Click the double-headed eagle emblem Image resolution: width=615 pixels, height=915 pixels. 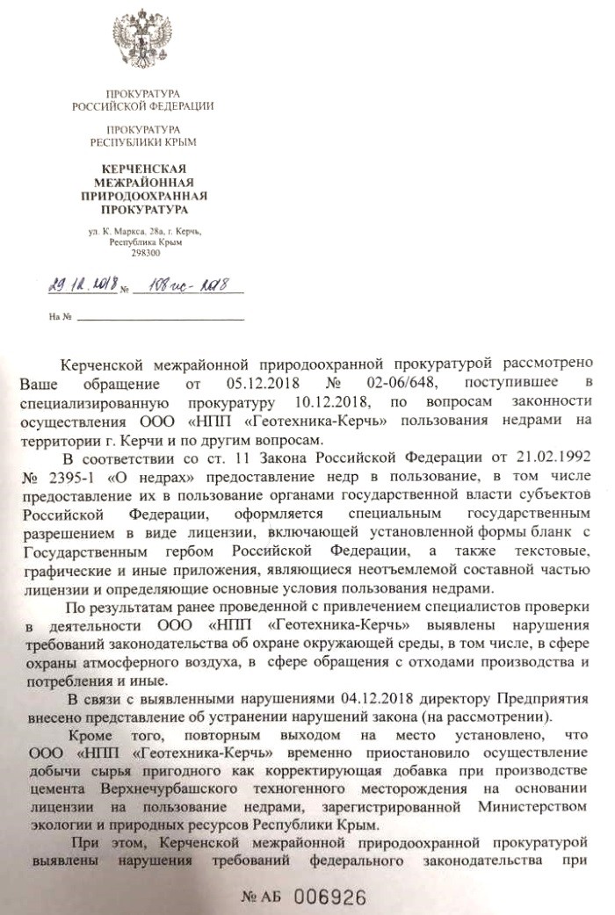pyautogui.click(x=141, y=42)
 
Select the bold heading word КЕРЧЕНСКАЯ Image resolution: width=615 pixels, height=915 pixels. pyautogui.click(x=141, y=168)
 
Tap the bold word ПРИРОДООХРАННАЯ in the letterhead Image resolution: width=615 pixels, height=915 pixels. pyautogui.click(x=141, y=196)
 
